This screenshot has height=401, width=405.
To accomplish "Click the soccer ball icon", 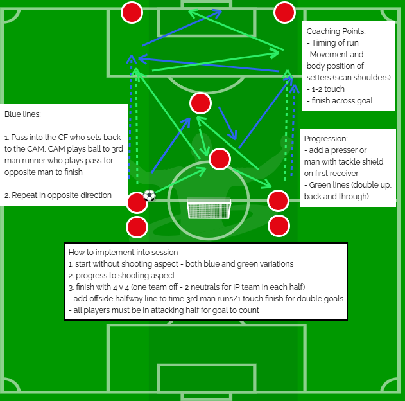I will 150,195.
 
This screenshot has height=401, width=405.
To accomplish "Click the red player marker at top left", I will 132,12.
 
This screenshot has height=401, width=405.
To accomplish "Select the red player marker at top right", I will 284,12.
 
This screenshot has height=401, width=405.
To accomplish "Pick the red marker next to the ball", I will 137,202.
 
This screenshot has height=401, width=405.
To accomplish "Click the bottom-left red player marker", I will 137,227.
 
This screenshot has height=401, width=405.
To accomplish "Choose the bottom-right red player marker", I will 279,226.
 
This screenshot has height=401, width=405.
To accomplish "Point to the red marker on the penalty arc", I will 201,103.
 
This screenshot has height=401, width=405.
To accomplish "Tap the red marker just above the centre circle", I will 220,159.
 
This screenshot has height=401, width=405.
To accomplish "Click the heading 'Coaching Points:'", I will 336,31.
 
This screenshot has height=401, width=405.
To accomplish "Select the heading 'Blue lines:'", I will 22,114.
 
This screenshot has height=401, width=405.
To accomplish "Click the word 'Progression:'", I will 326,138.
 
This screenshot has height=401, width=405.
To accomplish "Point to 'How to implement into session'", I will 123,253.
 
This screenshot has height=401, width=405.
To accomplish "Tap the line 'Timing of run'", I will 335,42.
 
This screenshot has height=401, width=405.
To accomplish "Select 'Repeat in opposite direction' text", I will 58,195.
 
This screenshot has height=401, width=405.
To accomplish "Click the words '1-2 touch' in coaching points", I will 328,89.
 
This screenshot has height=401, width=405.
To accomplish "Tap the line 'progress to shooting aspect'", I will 126,276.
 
